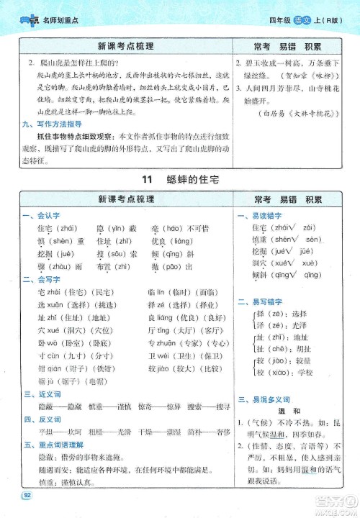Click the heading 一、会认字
click(35, 216)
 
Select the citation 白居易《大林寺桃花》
click(299, 113)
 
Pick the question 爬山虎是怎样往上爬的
click(76, 62)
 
